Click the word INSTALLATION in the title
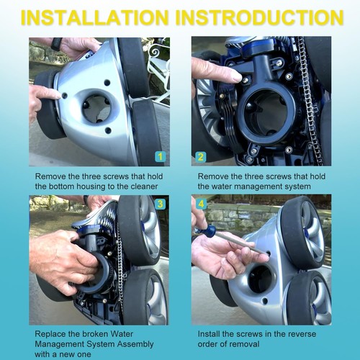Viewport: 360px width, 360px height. click(x=94, y=17)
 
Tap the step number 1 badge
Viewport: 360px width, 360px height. click(x=160, y=157)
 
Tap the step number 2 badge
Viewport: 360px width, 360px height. click(x=201, y=157)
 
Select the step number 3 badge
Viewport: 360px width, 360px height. click(x=160, y=204)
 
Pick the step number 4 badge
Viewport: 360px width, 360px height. click(x=201, y=204)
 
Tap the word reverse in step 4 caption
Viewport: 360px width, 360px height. click(x=300, y=334)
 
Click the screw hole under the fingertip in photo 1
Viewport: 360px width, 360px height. click(x=64, y=95)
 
